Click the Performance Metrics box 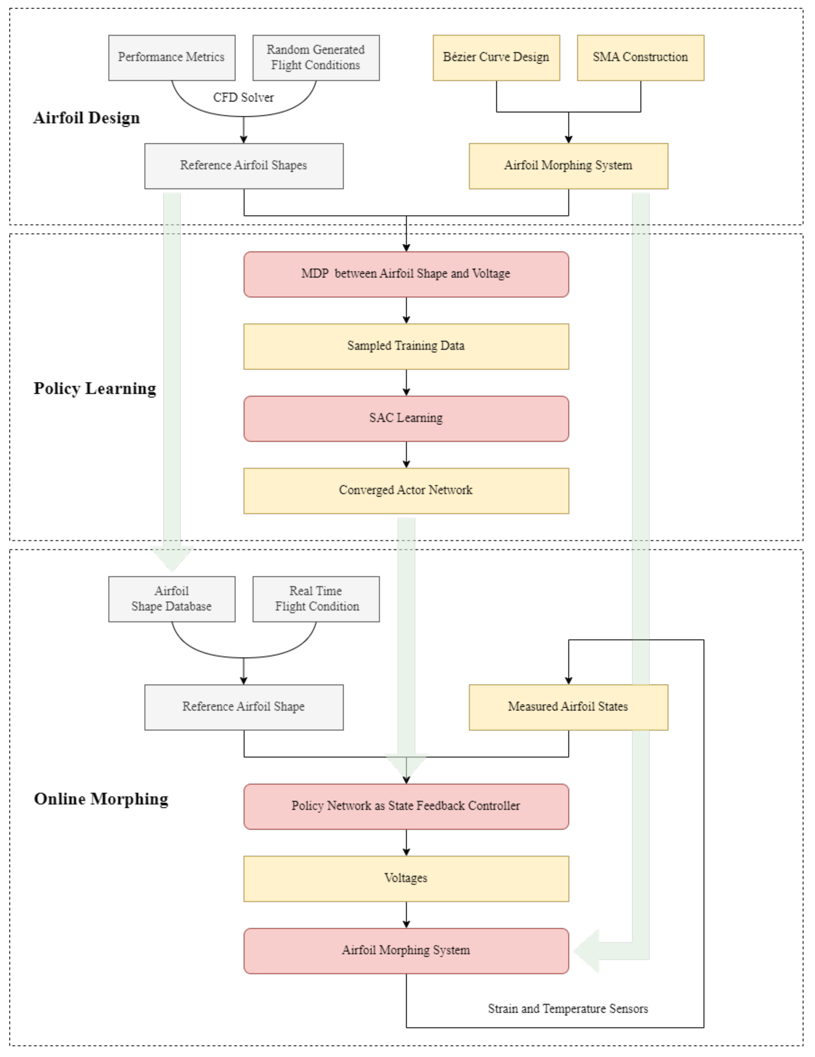pos(172,58)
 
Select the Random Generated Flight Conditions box pos(316,58)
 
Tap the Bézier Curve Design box pos(496,58)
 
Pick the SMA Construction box pos(640,58)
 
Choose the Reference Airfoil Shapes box pos(244,166)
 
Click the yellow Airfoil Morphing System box pos(568,166)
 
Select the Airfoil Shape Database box pos(172,599)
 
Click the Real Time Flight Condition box pos(316,599)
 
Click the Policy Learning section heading pos(95,389)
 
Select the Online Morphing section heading pos(101,799)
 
